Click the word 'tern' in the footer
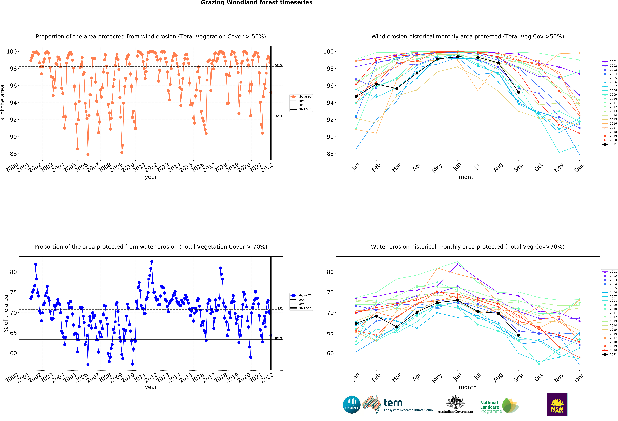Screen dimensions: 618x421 (393, 403)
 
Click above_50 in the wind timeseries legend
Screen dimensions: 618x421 (305, 97)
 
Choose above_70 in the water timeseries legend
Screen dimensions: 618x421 (305, 296)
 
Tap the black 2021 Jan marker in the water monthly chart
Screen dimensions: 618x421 (356, 323)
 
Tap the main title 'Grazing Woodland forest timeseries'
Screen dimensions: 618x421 (257, 3)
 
